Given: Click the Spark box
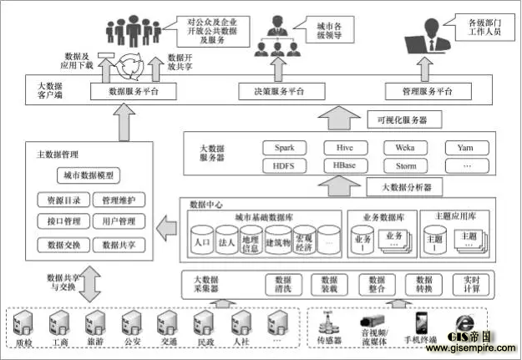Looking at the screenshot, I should pyautogui.click(x=285, y=148).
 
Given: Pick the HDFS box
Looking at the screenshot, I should pyautogui.click(x=284, y=165).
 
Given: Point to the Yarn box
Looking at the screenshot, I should pyautogui.click(x=466, y=148).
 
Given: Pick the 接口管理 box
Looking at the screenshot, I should pyautogui.click(x=59, y=222).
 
